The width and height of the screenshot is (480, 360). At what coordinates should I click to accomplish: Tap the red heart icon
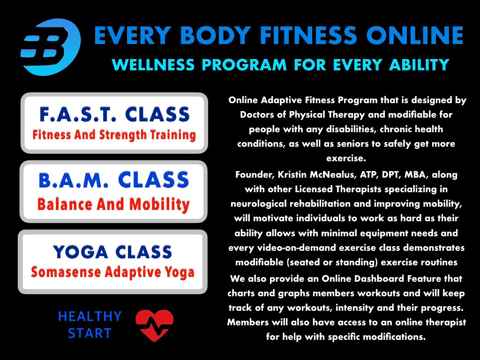(x=154, y=325)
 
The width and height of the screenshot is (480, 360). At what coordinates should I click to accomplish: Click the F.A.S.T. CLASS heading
(x=114, y=114)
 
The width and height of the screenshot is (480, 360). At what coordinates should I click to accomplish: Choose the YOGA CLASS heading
(x=112, y=252)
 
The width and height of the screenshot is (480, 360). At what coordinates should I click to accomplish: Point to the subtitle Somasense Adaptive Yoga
(x=112, y=272)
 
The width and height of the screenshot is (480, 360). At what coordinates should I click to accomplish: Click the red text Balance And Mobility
(x=113, y=204)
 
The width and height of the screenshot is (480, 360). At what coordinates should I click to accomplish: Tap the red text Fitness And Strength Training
(x=114, y=135)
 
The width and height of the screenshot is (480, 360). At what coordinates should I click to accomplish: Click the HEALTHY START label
(x=90, y=325)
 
